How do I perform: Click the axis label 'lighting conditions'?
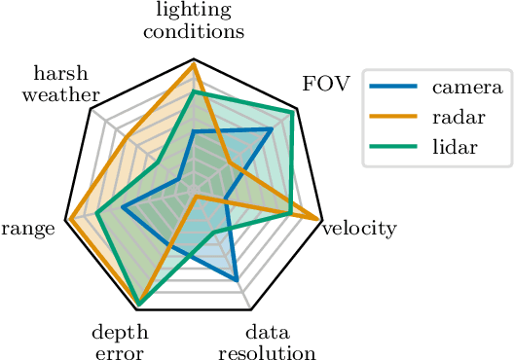[x=193, y=20]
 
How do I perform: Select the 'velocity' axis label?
[x=359, y=229]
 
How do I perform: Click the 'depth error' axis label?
[x=120, y=341]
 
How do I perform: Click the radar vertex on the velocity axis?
[x=320, y=219]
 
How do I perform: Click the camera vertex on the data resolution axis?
[x=237, y=280]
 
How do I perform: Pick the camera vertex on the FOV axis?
[x=271, y=128]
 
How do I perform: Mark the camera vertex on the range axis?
[x=123, y=207]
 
